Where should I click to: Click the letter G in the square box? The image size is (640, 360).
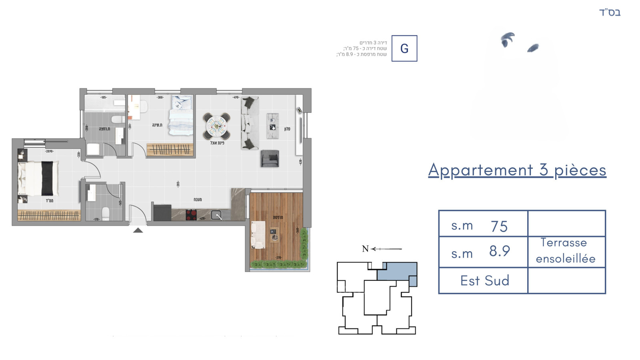coord(404,48)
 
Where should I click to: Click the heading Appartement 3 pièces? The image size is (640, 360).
coord(517,170)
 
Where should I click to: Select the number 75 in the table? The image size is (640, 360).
coord(499,226)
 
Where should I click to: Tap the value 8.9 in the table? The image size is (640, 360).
coord(499,251)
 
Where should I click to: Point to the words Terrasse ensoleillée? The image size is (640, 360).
coord(565,251)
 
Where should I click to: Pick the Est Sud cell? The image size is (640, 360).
coord(484,280)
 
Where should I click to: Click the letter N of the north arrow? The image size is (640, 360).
coord(365,249)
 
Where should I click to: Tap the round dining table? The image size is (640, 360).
coord(216,126)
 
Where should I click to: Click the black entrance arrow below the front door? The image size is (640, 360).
coord(138,230)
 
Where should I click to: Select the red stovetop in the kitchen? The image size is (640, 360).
coord(191,215)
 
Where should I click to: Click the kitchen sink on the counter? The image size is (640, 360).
coord(216,216)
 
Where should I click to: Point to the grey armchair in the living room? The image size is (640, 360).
coord(270,158)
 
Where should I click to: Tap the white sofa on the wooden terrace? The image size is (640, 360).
coord(258,235)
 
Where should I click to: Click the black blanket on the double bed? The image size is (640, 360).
coord(47,178)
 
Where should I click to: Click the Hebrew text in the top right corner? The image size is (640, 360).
coord(610,12)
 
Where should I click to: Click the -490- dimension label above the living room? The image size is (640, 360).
coord(236,97)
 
